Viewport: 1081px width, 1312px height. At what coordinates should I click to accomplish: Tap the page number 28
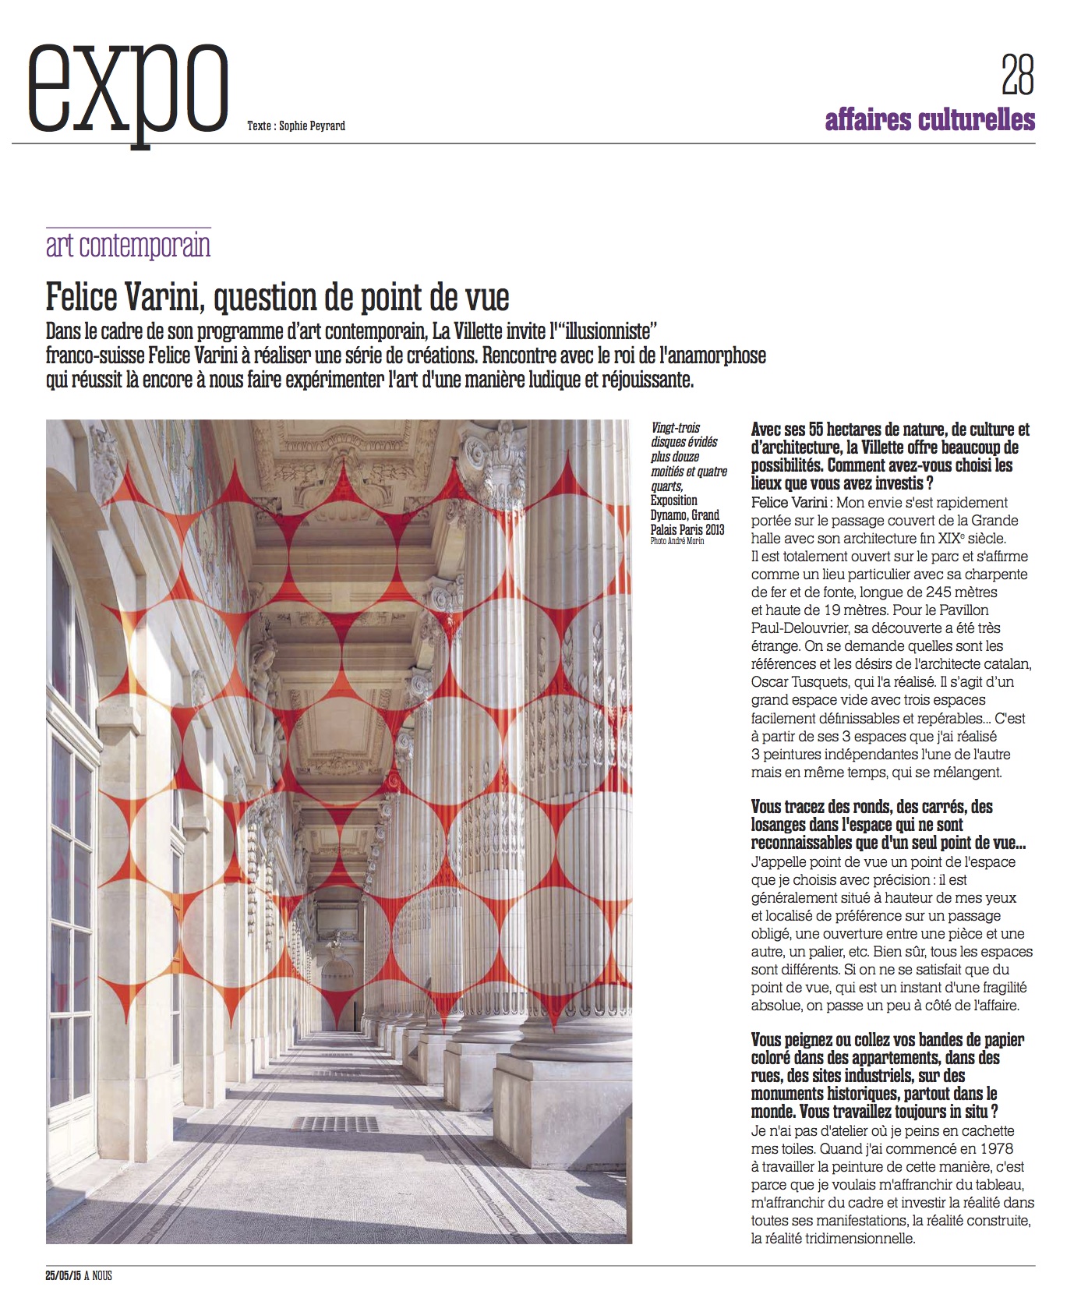[x=1017, y=75]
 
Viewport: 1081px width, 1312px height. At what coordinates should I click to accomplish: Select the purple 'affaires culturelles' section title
[x=930, y=120]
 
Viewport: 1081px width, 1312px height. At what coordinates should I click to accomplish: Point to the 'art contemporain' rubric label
[x=129, y=246]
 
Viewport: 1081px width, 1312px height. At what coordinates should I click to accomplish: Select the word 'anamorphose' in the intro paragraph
[x=715, y=356]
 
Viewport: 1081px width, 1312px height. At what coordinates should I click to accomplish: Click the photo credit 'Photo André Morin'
[x=677, y=541]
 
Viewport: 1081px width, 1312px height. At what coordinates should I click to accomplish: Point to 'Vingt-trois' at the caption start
[x=676, y=428]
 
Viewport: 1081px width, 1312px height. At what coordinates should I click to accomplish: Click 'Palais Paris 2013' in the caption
[x=687, y=529]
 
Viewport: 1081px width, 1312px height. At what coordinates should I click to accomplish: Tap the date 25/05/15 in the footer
[x=62, y=1276]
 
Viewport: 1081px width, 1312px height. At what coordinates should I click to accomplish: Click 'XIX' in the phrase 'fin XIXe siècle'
[x=949, y=539]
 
